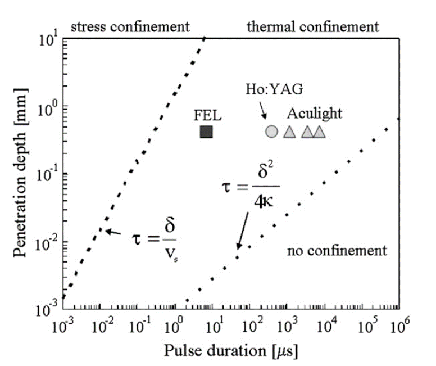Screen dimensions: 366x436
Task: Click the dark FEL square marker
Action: (x=206, y=132)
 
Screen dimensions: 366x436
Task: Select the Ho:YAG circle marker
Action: (x=271, y=132)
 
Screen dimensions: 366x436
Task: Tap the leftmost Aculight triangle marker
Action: (x=289, y=132)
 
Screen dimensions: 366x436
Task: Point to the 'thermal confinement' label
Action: (x=312, y=26)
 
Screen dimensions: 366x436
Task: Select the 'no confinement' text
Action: (x=337, y=250)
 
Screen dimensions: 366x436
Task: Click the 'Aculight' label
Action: (x=315, y=114)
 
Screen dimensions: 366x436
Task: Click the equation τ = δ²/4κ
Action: (x=250, y=186)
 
